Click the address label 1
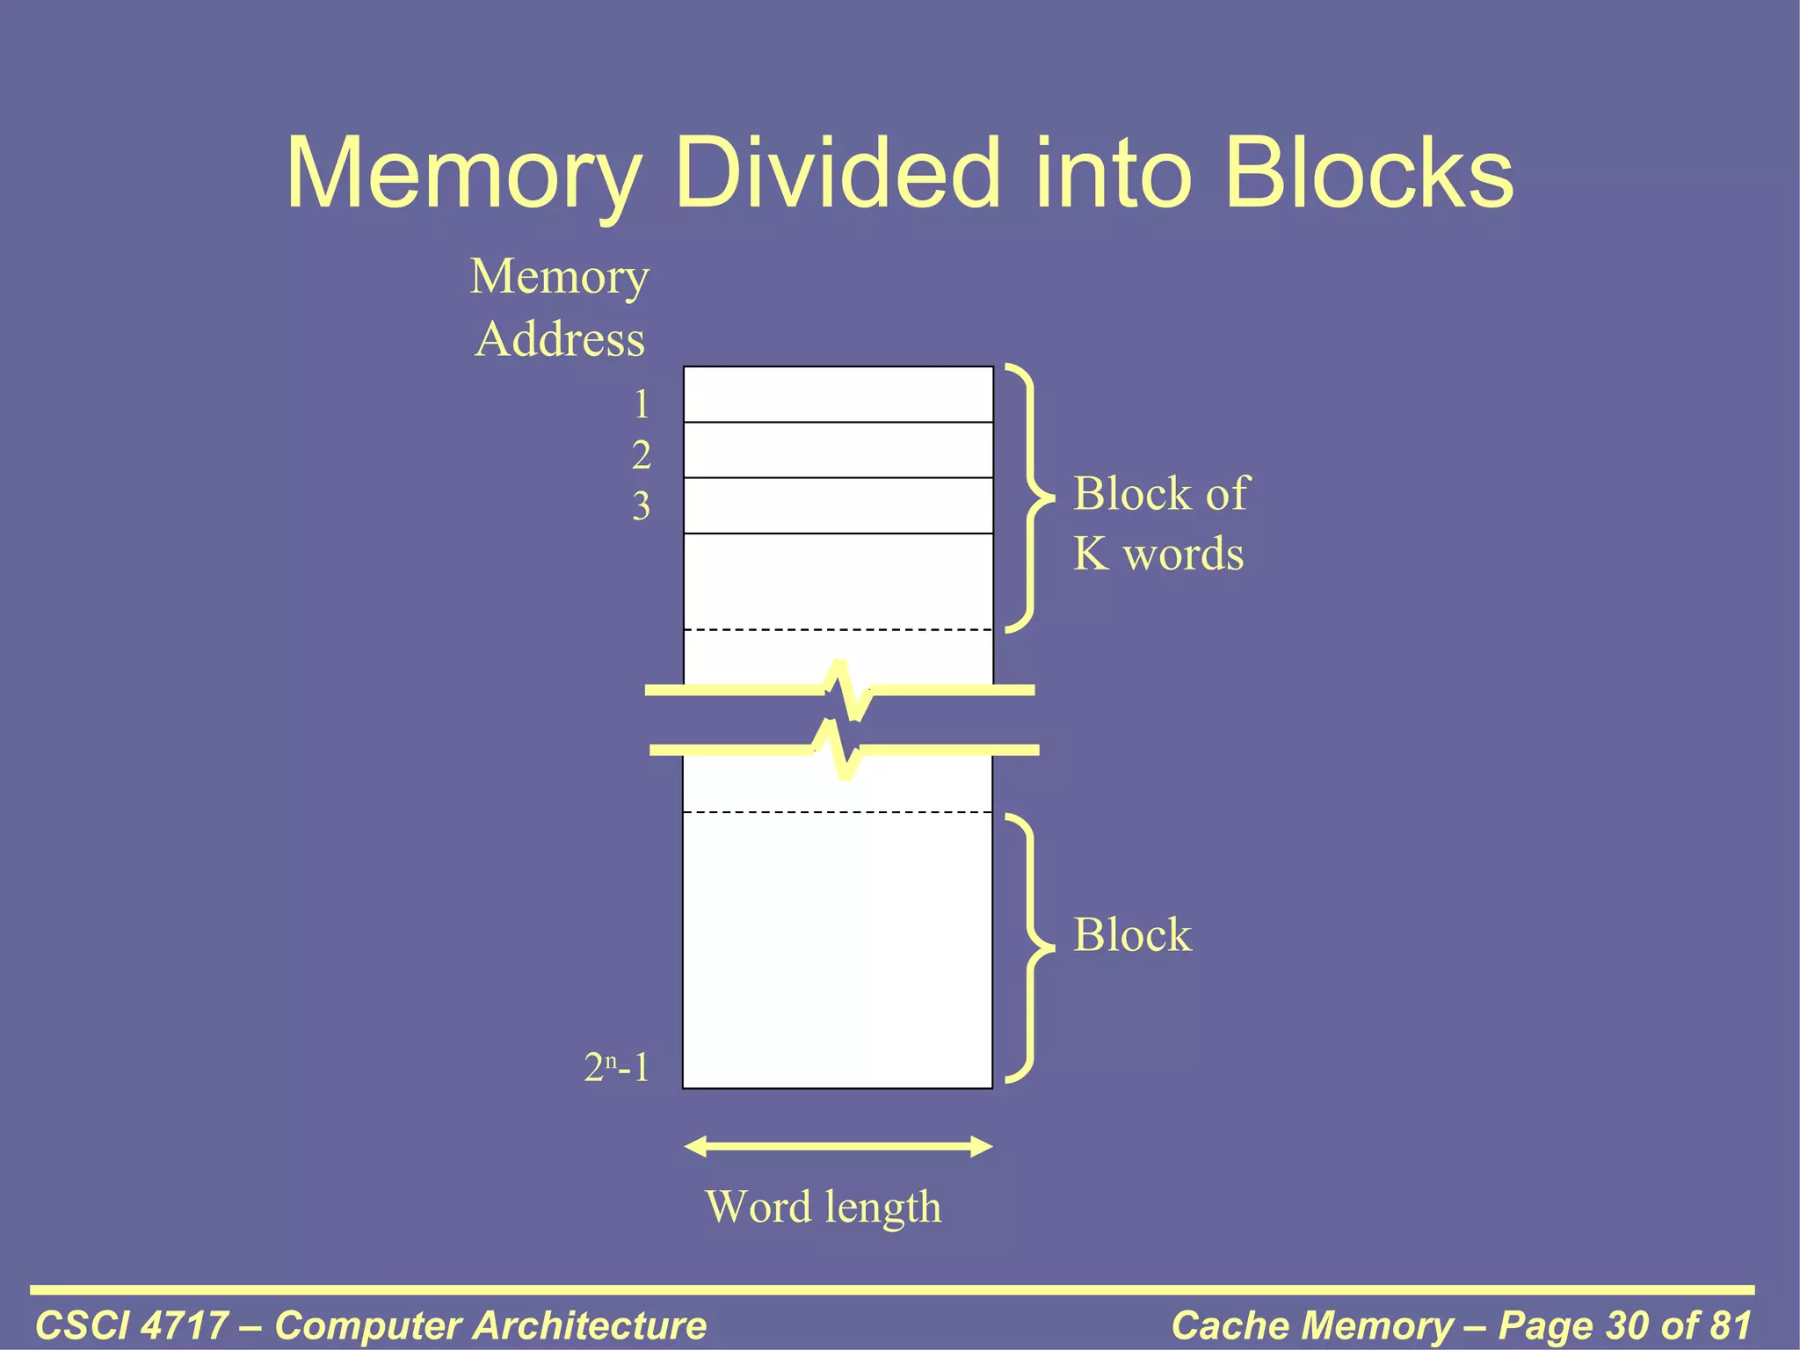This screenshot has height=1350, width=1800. click(642, 404)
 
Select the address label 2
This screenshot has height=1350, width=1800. click(642, 455)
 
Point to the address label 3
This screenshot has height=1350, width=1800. click(642, 506)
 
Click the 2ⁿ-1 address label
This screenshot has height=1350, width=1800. click(617, 1068)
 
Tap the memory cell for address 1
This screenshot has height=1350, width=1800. click(838, 395)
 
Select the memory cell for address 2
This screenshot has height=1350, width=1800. click(838, 450)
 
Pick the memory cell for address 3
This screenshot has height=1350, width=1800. click(838, 505)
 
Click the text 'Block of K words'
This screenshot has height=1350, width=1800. click(1160, 524)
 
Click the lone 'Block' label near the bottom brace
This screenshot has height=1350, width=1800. click(1132, 934)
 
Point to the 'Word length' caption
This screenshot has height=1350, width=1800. click(824, 1207)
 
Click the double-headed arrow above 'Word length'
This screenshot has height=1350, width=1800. click(838, 1146)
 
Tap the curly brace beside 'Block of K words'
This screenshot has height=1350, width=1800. click(1028, 497)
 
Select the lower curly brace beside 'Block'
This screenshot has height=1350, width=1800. click(1028, 948)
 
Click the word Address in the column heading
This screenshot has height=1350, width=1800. click(560, 340)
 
